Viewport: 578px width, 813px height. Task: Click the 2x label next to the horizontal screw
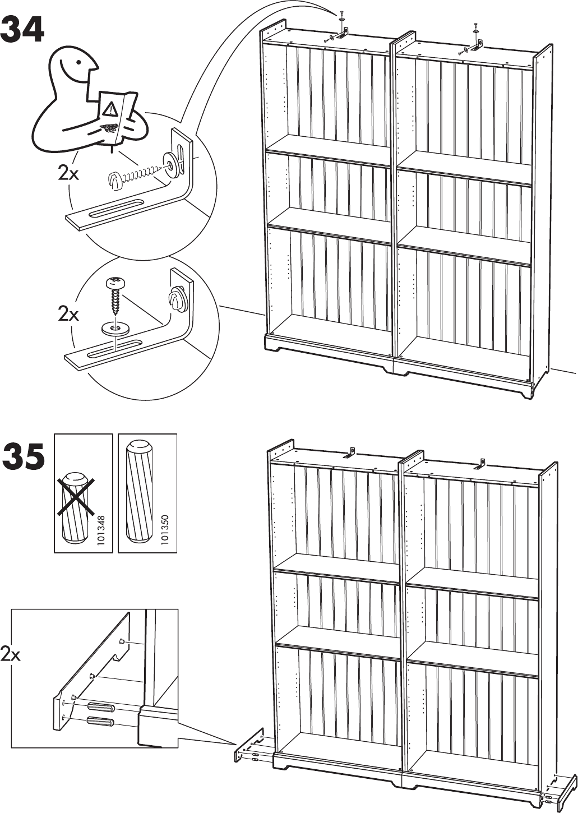tap(68, 174)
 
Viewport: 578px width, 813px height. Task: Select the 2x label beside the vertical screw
tap(68, 315)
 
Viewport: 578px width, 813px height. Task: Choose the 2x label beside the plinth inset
tap(10, 654)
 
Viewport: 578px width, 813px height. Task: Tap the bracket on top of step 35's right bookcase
tap(479, 464)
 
